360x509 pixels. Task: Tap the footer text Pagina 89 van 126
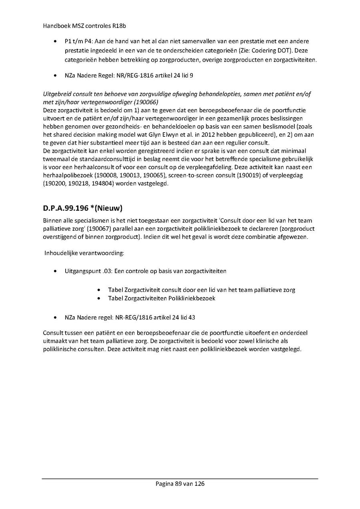[180, 484]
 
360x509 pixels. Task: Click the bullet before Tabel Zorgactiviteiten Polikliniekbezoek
[99, 299]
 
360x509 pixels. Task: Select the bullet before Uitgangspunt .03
[55, 271]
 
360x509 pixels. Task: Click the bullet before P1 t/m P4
[55, 42]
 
